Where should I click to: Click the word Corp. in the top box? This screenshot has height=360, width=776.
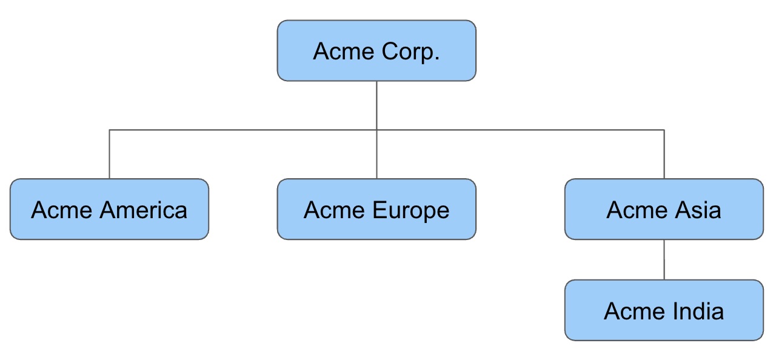(x=410, y=52)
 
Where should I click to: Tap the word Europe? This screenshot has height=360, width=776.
(x=410, y=211)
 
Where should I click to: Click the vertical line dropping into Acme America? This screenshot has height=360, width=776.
(x=109, y=155)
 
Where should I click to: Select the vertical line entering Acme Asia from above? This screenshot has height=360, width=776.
(x=664, y=155)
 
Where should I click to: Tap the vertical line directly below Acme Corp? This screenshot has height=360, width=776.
(x=376, y=104)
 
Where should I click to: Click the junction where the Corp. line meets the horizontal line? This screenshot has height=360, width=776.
(x=376, y=130)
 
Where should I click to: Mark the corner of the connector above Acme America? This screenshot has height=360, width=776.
(x=109, y=130)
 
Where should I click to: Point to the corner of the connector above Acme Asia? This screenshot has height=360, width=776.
(x=664, y=130)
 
